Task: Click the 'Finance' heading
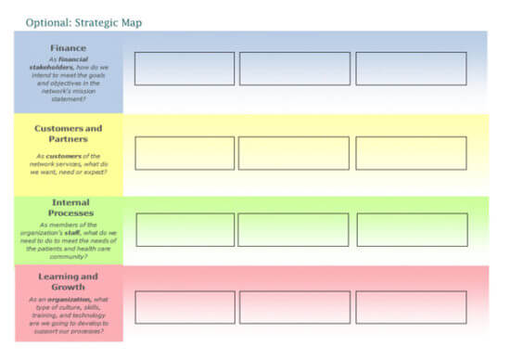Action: click(68, 46)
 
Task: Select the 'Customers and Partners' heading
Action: click(68, 134)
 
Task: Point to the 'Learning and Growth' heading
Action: click(68, 281)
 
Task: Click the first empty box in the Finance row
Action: click(185, 69)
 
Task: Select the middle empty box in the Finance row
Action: click(295, 69)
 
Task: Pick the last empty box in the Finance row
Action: click(411, 69)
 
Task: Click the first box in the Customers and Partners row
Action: click(185, 153)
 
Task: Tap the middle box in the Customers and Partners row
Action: click(294, 153)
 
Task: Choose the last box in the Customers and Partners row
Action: click(411, 153)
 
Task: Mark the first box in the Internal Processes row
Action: click(185, 229)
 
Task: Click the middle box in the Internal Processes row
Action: click(294, 229)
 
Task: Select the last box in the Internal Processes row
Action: click(412, 229)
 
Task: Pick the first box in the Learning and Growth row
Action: click(185, 307)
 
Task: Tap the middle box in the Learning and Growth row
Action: click(295, 307)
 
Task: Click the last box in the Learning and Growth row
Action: click(412, 307)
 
